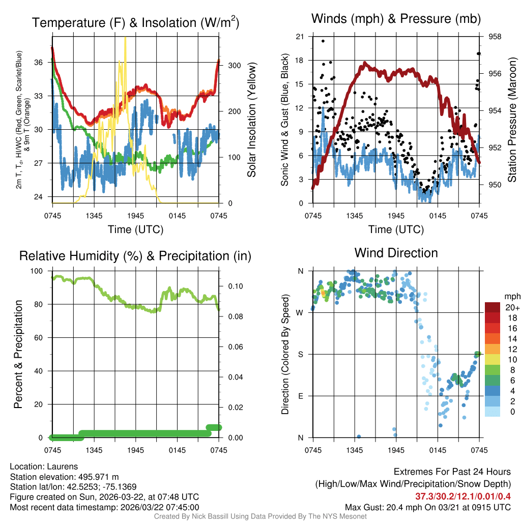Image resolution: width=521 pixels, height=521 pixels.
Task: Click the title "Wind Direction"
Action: coord(396,253)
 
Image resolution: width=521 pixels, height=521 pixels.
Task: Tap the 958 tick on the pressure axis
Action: coord(496,37)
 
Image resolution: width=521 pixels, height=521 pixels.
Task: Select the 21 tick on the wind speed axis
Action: coord(300,37)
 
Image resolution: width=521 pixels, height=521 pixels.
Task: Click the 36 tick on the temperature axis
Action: coord(44,62)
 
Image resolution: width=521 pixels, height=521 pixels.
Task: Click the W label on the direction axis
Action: coord(300,312)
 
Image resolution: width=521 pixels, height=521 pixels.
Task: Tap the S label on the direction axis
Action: coord(301,354)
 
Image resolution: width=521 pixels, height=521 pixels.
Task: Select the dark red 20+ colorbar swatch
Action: coord(493,307)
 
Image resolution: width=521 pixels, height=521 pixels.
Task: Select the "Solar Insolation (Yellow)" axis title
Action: coord(251,120)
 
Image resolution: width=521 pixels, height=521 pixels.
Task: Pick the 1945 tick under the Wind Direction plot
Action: coord(396,450)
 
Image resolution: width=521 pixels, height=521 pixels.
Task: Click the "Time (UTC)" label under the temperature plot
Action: coord(135,229)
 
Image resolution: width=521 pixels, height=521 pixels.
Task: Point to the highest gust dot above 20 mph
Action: coord(323,41)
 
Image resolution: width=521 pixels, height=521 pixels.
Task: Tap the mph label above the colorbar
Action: coord(511,297)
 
